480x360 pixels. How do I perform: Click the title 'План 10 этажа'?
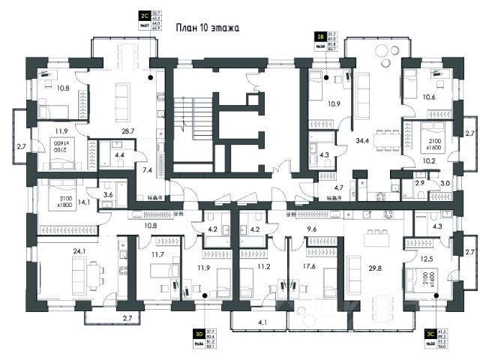[x=207, y=28]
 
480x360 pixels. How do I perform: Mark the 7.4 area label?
[x=147, y=170]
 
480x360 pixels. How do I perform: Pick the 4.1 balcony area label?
[x=262, y=323]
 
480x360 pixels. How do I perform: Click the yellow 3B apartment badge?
[x=319, y=34]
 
